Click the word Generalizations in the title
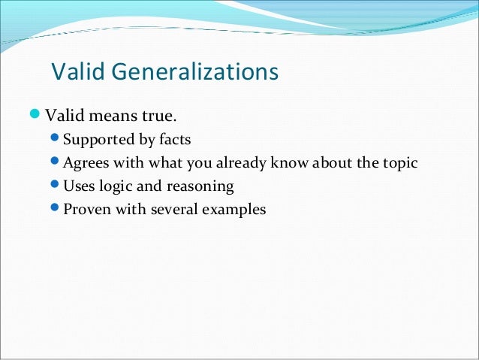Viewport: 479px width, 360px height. [196, 73]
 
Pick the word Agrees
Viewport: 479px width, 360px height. [86, 163]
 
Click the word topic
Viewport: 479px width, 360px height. [399, 163]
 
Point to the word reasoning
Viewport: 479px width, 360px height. [200, 186]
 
